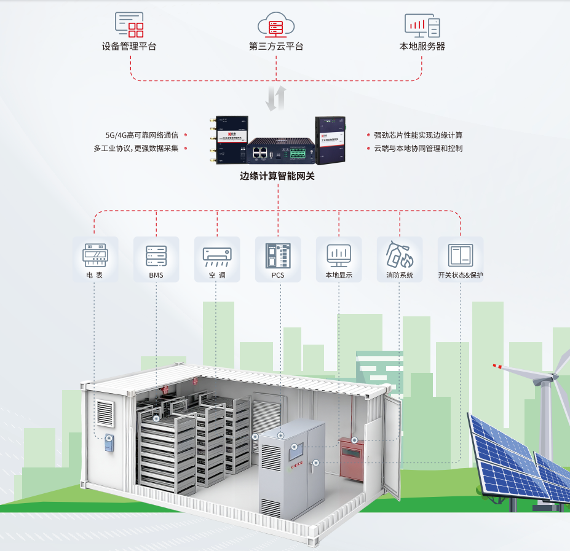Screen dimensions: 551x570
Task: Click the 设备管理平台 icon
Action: pos(129,25)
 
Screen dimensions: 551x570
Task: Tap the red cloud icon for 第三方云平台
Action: pos(275,26)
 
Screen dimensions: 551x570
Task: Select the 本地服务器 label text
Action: pos(422,47)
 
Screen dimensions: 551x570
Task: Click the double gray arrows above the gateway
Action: pos(277,98)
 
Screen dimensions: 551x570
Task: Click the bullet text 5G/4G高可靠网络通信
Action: pos(142,135)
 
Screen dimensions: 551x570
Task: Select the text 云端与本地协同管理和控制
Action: pos(418,148)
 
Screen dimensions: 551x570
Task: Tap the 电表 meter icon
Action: pos(95,254)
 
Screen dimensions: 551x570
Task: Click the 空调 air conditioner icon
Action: pos(217,255)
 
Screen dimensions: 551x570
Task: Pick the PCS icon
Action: pos(278,255)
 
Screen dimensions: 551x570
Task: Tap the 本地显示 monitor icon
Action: pos(339,254)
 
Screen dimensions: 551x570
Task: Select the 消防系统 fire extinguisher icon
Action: pos(400,254)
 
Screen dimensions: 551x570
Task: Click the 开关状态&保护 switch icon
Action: pos(461,254)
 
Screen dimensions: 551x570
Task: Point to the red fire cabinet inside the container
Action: pos(351,456)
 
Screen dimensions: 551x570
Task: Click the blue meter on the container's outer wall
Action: pos(109,444)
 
